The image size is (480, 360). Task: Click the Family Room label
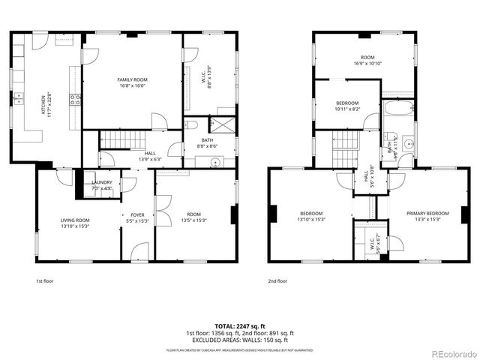pyautogui.click(x=131, y=79)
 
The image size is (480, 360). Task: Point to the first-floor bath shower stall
pyautogui.click(x=224, y=124)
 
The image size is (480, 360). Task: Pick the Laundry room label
pyautogui.click(x=102, y=182)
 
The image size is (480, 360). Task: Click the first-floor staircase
pyautogui.click(x=121, y=139)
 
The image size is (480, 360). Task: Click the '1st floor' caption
pyautogui.click(x=45, y=281)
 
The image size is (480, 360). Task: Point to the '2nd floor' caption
pyautogui.click(x=277, y=281)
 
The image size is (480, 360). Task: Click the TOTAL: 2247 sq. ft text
pyautogui.click(x=239, y=326)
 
